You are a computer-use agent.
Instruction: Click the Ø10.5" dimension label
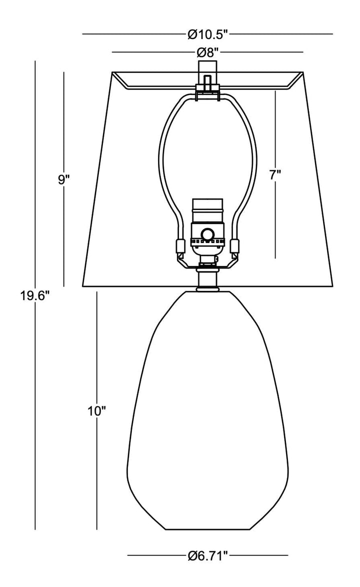[207, 34]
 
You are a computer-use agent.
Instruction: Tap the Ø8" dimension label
[207, 52]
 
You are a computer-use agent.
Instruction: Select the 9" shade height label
[64, 179]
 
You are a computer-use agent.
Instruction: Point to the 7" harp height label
[275, 174]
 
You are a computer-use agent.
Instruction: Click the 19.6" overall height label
[35, 296]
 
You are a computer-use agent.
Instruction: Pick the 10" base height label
[97, 411]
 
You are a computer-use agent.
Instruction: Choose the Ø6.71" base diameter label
[207, 555]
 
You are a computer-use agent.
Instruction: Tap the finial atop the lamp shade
[207, 73]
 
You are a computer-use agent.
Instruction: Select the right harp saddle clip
[234, 246]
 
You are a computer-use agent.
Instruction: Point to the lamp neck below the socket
[207, 278]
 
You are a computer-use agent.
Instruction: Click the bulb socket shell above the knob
[207, 211]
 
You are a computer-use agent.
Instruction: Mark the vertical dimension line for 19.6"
[35, 295]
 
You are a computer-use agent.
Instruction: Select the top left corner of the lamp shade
[112, 73]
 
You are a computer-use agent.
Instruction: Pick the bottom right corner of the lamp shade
[332, 286]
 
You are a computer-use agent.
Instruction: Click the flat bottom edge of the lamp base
[207, 529]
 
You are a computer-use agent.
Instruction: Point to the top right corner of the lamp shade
[302, 73]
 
